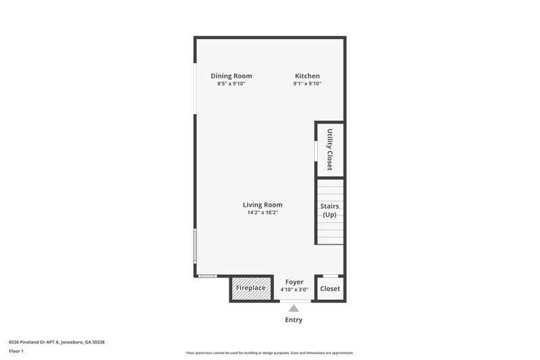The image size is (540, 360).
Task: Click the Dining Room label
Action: point(231,76)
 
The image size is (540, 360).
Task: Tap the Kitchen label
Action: point(307,76)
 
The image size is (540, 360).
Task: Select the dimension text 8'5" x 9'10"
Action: point(231,84)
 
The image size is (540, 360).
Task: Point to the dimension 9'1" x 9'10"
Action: point(307,84)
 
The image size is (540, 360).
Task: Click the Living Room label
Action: point(263,205)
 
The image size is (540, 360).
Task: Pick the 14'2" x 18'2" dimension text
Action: point(263,213)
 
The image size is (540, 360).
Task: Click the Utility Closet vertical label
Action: point(330,149)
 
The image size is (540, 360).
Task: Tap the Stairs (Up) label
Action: point(329,210)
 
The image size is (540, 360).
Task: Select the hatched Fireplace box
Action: point(250,288)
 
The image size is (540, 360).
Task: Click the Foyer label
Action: point(294,282)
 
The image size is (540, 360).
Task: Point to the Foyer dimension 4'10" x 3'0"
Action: point(294,290)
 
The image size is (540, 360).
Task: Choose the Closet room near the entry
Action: point(330,288)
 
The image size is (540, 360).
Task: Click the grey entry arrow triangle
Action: point(294,309)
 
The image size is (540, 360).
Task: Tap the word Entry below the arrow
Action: point(294,319)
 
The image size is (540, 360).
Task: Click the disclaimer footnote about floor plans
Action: point(269,353)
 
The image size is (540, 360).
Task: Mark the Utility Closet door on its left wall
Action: point(316,150)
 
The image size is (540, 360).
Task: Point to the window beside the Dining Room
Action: point(195,88)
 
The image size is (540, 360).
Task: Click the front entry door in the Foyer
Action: point(294,301)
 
